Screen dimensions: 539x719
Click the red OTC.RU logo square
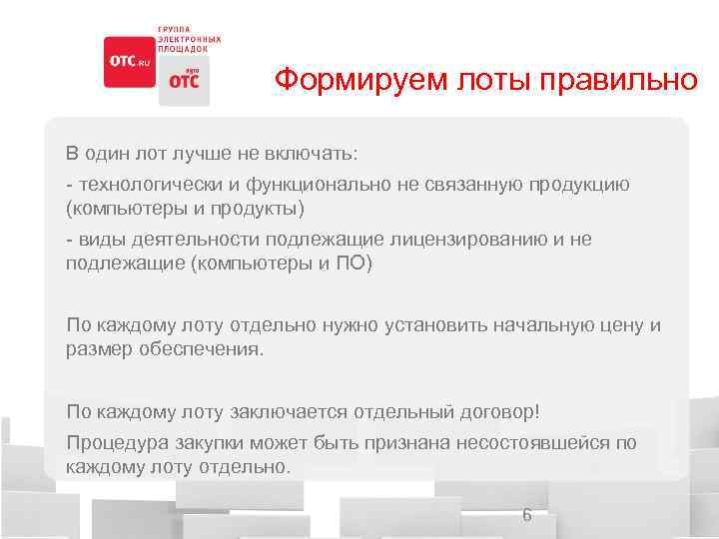[129, 62]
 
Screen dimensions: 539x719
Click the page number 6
[527, 515]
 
